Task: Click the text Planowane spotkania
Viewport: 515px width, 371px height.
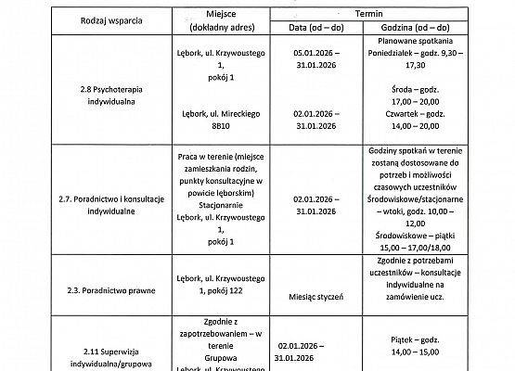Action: pos(416,42)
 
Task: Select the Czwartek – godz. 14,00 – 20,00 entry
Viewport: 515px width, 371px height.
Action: pos(416,117)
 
